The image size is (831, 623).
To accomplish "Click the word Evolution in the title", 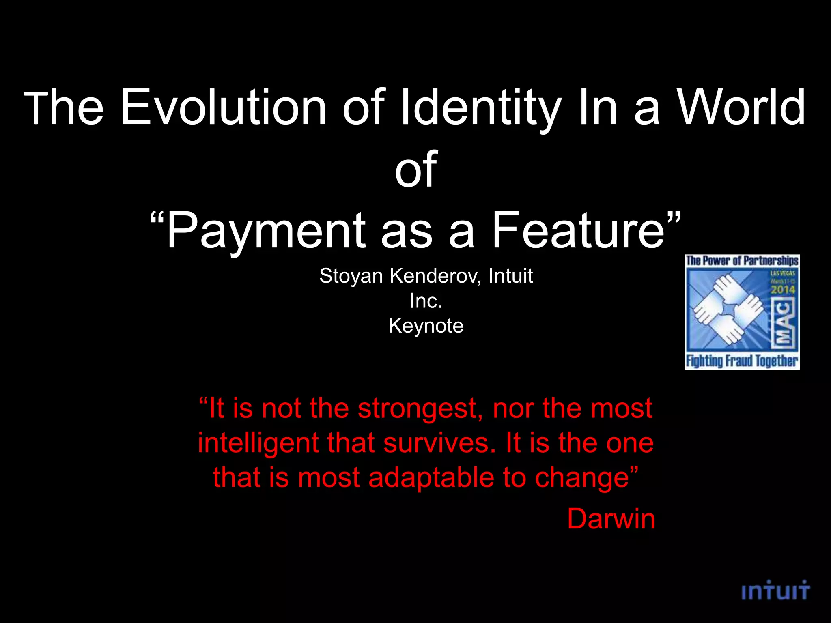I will (x=224, y=107).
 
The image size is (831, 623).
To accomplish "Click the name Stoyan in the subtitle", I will (x=351, y=276).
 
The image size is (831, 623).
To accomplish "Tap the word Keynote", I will (x=426, y=326).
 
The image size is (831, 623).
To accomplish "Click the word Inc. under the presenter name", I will (x=426, y=301).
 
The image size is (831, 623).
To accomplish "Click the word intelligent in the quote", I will (x=258, y=443).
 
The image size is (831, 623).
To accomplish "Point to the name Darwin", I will (x=611, y=519).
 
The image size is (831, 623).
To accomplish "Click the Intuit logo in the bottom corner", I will (x=775, y=591).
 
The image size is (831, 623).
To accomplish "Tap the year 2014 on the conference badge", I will (x=783, y=290).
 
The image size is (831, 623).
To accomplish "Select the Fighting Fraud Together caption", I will (x=742, y=361).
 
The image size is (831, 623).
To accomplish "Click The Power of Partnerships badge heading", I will (x=742, y=260).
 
